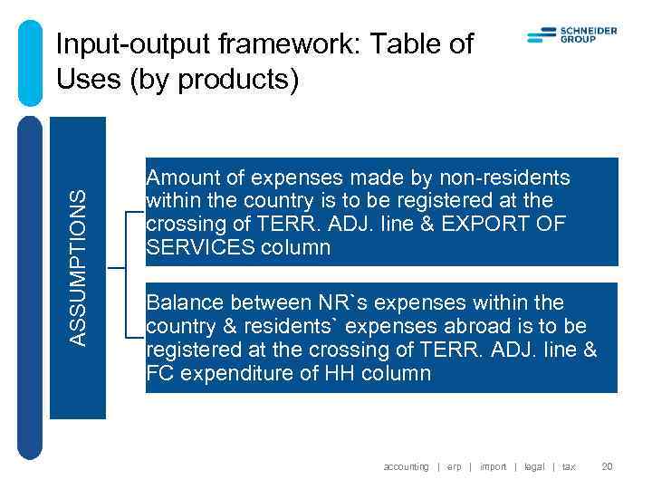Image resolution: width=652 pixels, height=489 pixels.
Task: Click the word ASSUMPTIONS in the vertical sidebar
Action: pos(80,266)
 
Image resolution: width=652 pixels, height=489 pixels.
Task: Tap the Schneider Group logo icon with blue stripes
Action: pos(541,35)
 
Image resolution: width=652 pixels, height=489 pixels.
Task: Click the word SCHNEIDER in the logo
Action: pos(590,31)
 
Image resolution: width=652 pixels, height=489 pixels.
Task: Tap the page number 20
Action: pos(608,466)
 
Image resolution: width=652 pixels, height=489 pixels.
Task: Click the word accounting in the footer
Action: pos(406,466)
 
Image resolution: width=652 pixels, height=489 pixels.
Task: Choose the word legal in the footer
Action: pos(534,466)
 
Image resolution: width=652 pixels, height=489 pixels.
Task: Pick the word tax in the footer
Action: pos(569,466)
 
